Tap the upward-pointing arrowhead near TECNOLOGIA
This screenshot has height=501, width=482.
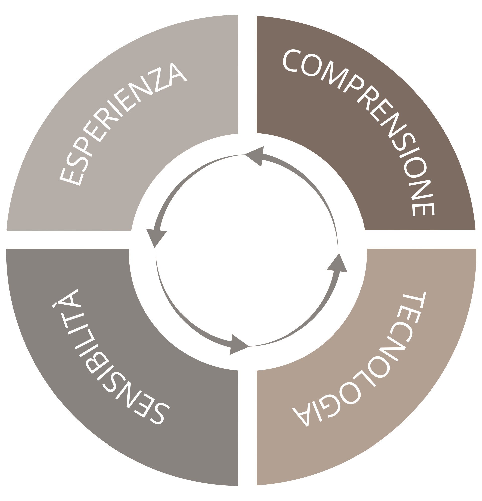[x=337, y=263]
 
